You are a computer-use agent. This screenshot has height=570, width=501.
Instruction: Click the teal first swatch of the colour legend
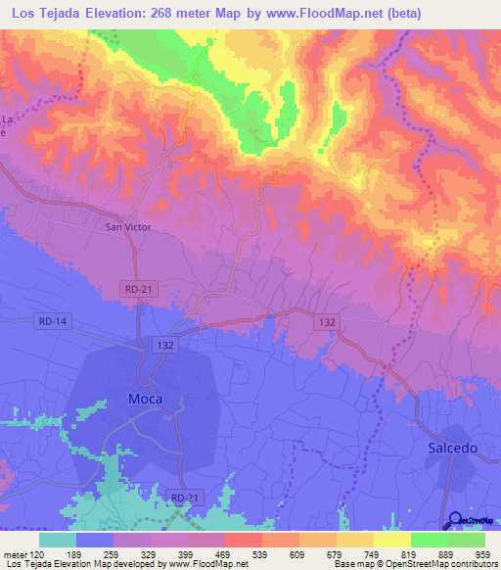(57, 540)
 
